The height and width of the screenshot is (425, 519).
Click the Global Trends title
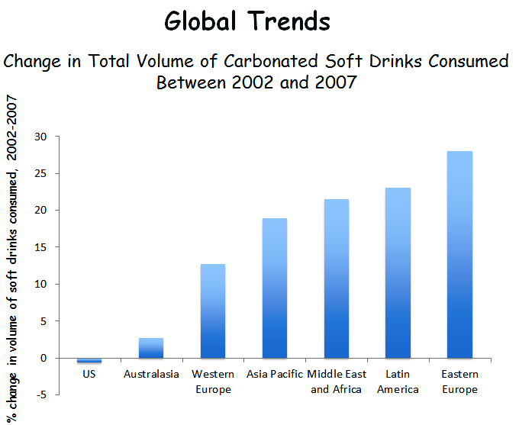(247, 21)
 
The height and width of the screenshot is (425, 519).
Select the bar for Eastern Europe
(459, 255)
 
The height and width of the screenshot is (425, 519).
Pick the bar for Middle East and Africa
(337, 279)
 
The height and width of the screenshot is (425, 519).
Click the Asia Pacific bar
(275, 288)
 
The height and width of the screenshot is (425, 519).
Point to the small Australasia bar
(151, 348)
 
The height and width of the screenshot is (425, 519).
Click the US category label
(89, 375)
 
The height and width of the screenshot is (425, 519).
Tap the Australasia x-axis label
(151, 375)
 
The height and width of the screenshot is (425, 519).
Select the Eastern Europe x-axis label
(459, 382)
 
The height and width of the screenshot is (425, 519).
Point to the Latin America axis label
(398, 382)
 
